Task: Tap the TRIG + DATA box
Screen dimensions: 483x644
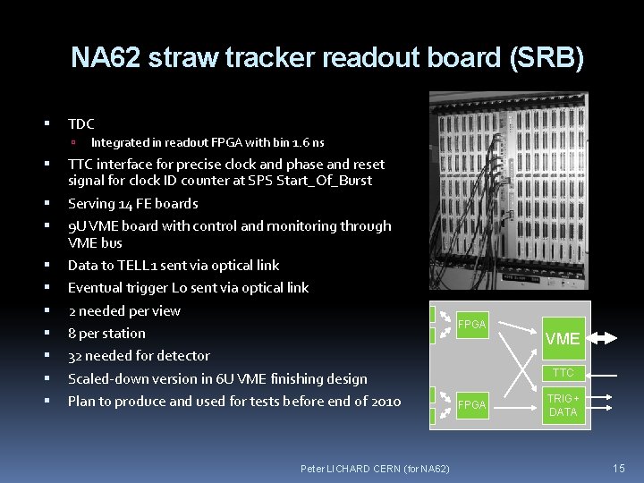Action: [x=563, y=405]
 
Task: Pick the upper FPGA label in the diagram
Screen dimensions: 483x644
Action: [x=471, y=325]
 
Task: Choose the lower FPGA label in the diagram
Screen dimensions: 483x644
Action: [x=471, y=405]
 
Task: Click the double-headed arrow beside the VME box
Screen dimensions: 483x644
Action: [x=605, y=338]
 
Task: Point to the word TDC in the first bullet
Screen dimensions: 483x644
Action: [x=80, y=123]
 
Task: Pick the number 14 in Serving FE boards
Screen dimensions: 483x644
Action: [x=127, y=204]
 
